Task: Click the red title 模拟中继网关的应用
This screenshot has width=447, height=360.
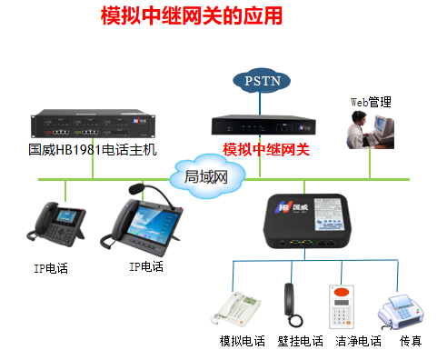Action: click(x=191, y=16)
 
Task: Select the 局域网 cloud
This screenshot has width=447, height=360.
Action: click(x=205, y=175)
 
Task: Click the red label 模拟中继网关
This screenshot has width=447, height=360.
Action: click(x=266, y=149)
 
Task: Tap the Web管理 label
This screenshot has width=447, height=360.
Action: click(x=371, y=102)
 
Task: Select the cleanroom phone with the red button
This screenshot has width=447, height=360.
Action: click(x=341, y=307)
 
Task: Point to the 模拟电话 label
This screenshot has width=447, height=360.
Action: click(x=243, y=341)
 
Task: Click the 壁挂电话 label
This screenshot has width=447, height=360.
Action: click(x=299, y=341)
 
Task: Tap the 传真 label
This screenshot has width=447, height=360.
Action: click(x=411, y=341)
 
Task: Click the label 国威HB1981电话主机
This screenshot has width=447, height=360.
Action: click(x=92, y=150)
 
